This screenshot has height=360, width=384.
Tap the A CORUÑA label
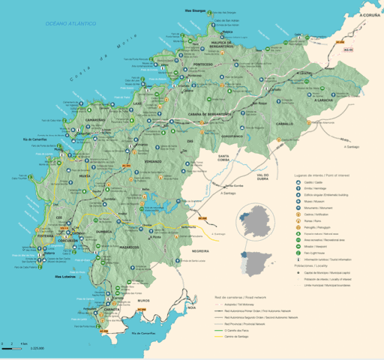370,15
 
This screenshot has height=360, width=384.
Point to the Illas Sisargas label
195,11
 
